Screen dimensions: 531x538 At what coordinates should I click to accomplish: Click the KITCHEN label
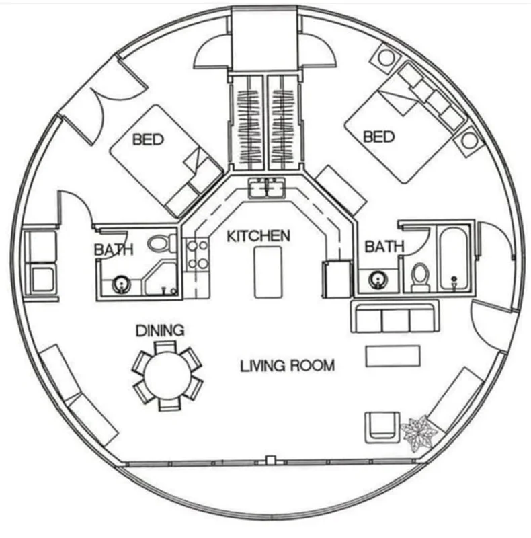[x=258, y=236]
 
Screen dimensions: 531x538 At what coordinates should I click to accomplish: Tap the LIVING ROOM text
[x=288, y=366]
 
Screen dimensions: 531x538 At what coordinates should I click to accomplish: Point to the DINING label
[x=160, y=330]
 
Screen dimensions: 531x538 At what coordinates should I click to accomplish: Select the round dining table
[x=167, y=375]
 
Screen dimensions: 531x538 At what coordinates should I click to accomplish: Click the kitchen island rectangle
[x=268, y=272]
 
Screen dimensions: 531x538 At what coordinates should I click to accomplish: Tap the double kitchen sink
[x=268, y=188]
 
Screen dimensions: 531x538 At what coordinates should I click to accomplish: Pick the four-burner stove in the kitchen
[x=197, y=255]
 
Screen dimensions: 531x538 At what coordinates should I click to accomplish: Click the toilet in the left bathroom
[x=161, y=243]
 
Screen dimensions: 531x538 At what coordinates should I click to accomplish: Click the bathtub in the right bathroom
[x=454, y=259]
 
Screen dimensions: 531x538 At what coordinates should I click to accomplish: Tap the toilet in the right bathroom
[x=420, y=277]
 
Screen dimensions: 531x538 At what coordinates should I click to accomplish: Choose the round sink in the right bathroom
[x=377, y=280]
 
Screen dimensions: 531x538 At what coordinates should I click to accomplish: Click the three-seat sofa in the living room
[x=395, y=316]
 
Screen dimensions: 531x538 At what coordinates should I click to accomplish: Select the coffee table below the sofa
[x=393, y=356]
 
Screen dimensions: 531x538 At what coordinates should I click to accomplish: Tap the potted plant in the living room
[x=419, y=433]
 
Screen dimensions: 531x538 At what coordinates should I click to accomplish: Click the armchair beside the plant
[x=382, y=427]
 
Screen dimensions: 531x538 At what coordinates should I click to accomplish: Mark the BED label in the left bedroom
[x=148, y=140]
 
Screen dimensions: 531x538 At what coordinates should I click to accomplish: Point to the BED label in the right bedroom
[x=378, y=137]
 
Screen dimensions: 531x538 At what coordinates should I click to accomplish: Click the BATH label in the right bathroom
[x=384, y=246]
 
